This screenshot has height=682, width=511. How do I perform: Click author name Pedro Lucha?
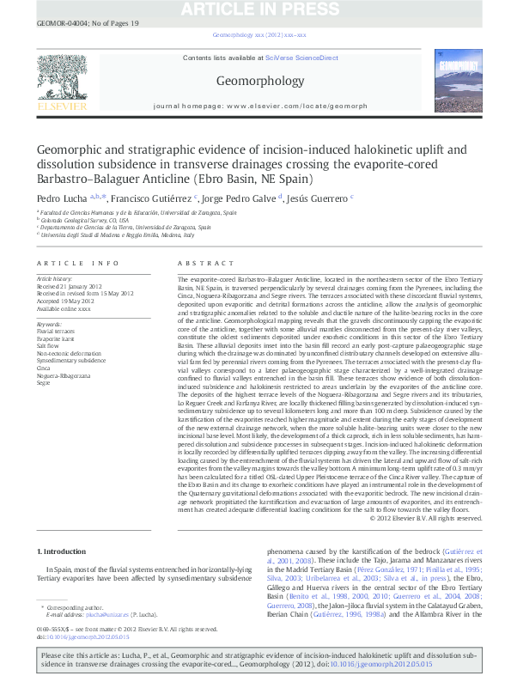click(58, 198)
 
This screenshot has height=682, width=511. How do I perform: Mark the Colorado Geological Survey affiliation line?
click(82, 220)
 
